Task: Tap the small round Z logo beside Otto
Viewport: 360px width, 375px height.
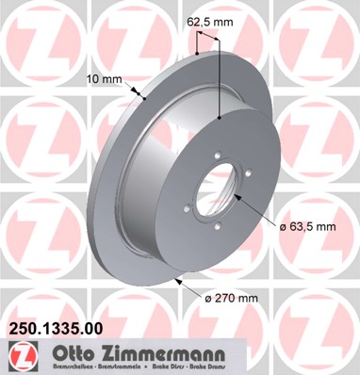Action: click(20, 355)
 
